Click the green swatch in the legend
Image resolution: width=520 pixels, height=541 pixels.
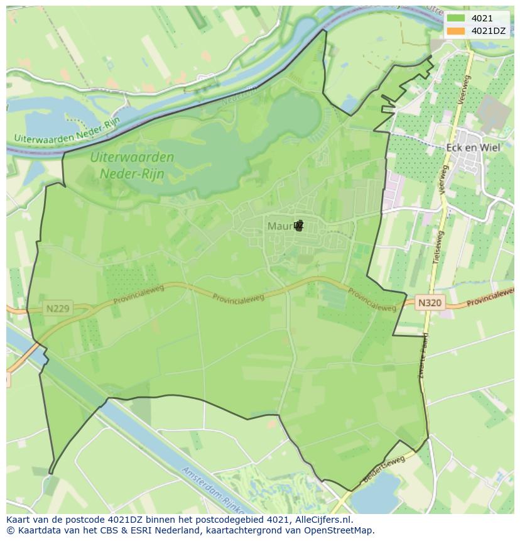pos(457,19)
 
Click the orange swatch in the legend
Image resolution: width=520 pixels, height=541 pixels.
pos(457,31)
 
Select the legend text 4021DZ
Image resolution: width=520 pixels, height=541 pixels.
pos(489,31)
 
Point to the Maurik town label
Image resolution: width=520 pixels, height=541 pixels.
pos(280,226)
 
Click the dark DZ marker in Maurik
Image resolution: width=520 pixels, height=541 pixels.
pos(298,225)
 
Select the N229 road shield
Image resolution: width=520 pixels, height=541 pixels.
pos(58,309)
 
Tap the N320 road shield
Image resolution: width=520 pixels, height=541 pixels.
pos(430,303)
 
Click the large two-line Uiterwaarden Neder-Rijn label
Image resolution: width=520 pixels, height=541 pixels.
pos(131,165)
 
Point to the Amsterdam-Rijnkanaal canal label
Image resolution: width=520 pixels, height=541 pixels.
pos(214,488)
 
